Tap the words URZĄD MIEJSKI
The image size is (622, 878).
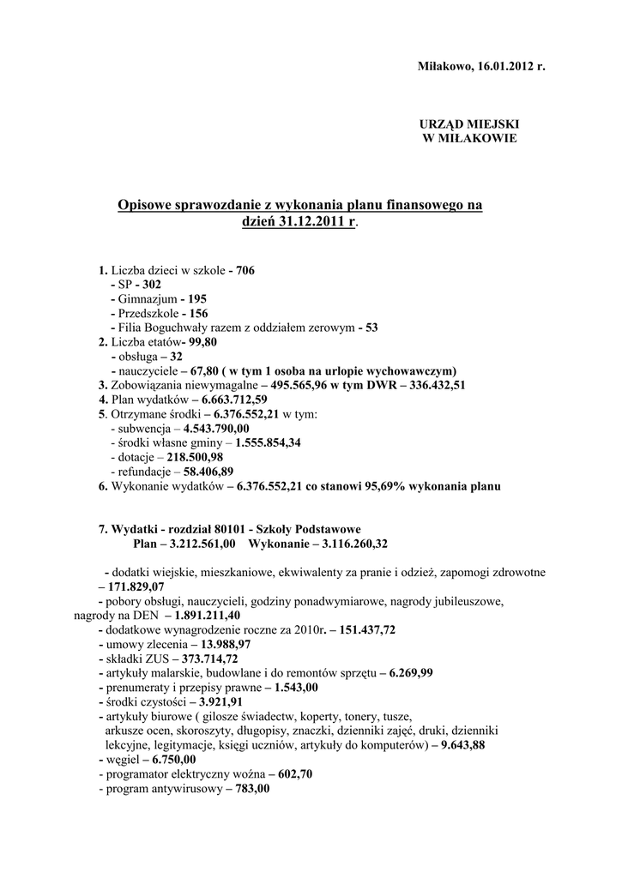(468, 123)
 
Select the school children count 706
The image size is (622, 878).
(245, 270)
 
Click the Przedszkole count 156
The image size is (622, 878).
(198, 313)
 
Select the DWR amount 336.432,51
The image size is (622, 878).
(430, 385)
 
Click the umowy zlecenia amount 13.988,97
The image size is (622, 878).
(221, 644)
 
